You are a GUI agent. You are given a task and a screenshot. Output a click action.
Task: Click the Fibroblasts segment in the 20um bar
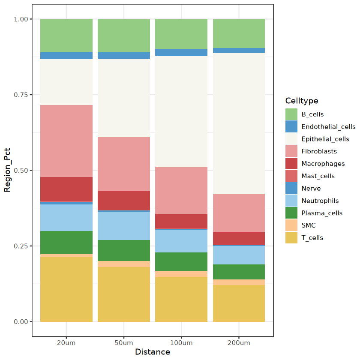[66, 141]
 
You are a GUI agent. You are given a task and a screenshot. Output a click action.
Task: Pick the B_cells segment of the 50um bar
[124, 35]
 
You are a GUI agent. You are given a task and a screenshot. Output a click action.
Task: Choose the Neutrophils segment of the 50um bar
[124, 225]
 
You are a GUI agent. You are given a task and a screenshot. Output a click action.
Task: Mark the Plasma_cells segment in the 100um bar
[181, 261]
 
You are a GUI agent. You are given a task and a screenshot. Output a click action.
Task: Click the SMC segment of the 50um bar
[124, 264]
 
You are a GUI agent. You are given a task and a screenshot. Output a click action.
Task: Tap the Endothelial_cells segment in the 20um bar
[66, 55]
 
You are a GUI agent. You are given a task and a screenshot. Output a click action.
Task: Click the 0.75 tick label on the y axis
[21, 95]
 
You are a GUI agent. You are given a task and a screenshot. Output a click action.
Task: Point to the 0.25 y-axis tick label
[21, 246]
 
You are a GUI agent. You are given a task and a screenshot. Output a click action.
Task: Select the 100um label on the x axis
[181, 343]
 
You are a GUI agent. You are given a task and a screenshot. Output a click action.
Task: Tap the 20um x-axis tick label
[66, 343]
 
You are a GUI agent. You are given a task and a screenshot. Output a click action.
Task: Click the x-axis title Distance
[153, 352]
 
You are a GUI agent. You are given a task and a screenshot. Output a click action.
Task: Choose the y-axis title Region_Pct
[7, 171]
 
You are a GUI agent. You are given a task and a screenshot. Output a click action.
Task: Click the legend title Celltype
[302, 101]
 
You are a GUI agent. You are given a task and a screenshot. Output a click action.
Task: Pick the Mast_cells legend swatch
[291, 176]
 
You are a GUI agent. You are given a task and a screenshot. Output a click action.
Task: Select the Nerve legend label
[311, 189]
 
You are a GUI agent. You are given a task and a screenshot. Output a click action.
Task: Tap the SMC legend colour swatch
[291, 225]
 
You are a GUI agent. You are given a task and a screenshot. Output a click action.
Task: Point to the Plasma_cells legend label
[322, 213]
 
